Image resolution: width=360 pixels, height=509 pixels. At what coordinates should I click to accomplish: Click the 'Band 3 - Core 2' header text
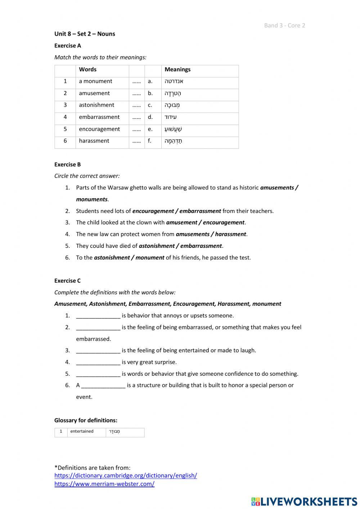click(x=284, y=25)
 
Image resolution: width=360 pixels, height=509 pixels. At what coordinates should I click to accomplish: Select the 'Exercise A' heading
click(x=68, y=46)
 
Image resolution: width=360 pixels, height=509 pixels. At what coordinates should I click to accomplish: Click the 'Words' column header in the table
click(x=88, y=70)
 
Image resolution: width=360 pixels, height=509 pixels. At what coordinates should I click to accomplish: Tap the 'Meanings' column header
click(x=177, y=70)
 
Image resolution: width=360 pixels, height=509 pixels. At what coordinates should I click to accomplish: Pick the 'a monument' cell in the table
click(x=95, y=81)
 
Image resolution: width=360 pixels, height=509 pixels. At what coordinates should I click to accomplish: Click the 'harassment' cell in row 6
click(x=94, y=141)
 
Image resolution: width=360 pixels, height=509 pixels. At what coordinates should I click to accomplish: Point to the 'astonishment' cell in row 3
click(x=96, y=105)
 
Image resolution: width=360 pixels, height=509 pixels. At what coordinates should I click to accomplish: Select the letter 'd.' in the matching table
click(x=150, y=117)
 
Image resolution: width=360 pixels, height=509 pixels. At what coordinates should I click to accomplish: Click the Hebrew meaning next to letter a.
click(x=174, y=81)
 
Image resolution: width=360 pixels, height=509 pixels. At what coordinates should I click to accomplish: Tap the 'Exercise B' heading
click(x=68, y=165)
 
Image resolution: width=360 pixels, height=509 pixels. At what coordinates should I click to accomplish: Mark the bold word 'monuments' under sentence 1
click(x=92, y=200)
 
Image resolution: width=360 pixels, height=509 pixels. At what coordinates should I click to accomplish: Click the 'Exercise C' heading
click(x=68, y=281)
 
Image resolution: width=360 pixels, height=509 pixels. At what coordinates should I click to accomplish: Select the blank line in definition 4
click(x=98, y=362)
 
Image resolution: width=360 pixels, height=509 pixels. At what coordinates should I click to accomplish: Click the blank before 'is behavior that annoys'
click(x=98, y=316)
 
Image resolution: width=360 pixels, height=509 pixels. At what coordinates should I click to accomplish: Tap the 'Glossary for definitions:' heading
click(x=86, y=420)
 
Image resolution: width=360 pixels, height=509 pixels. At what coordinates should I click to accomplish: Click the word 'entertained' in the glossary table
click(x=82, y=432)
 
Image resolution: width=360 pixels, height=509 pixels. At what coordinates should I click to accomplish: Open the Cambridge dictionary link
click(x=126, y=475)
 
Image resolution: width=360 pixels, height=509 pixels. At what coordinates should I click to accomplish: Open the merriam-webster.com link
click(x=104, y=484)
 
